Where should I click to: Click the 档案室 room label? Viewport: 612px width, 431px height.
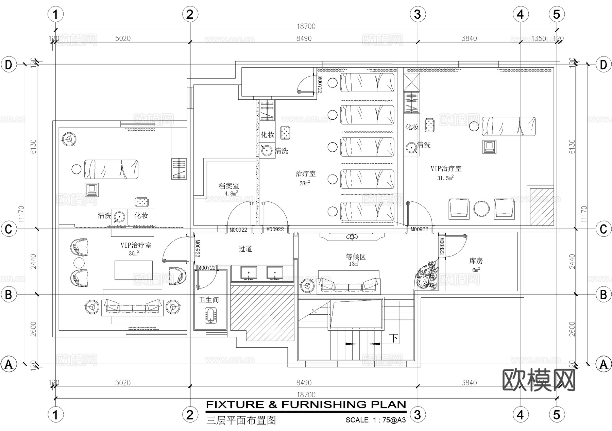(228, 186)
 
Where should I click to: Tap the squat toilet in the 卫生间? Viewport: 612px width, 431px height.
(211, 315)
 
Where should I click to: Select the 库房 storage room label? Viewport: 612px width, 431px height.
(476, 261)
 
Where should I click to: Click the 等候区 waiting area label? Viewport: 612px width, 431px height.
(355, 257)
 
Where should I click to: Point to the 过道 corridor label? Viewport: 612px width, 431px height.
(245, 249)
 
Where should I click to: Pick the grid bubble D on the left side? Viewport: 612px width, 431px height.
(8, 65)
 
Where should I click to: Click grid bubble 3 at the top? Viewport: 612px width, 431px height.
(418, 14)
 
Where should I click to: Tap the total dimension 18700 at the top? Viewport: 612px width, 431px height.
(306, 27)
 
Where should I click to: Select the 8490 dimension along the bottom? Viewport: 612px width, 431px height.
(304, 383)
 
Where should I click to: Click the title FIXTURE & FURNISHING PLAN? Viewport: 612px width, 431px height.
(306, 404)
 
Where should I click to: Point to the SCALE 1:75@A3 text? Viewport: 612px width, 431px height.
(375, 420)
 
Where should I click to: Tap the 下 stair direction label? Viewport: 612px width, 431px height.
(394, 338)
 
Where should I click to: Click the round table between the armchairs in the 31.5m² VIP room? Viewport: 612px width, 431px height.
(481, 209)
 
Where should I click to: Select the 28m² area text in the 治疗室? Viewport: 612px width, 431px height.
(304, 183)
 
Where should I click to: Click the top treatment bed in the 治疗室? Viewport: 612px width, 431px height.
(367, 83)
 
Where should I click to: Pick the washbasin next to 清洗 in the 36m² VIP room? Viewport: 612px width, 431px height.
(119, 217)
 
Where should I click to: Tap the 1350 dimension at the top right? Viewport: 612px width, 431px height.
(539, 38)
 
